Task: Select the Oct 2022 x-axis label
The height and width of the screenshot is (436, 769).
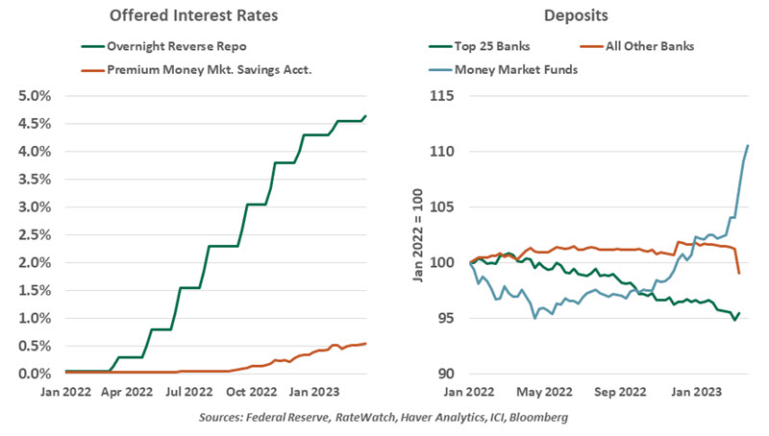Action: pyautogui.click(x=263, y=392)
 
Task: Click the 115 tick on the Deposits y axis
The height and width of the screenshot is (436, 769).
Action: pyautogui.click(x=442, y=96)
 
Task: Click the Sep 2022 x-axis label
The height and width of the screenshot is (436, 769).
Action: pyautogui.click(x=618, y=392)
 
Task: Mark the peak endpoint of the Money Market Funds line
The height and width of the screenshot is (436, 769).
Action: pyautogui.click(x=748, y=146)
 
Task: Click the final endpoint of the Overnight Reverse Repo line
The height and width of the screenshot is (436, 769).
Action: pyautogui.click(x=366, y=116)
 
